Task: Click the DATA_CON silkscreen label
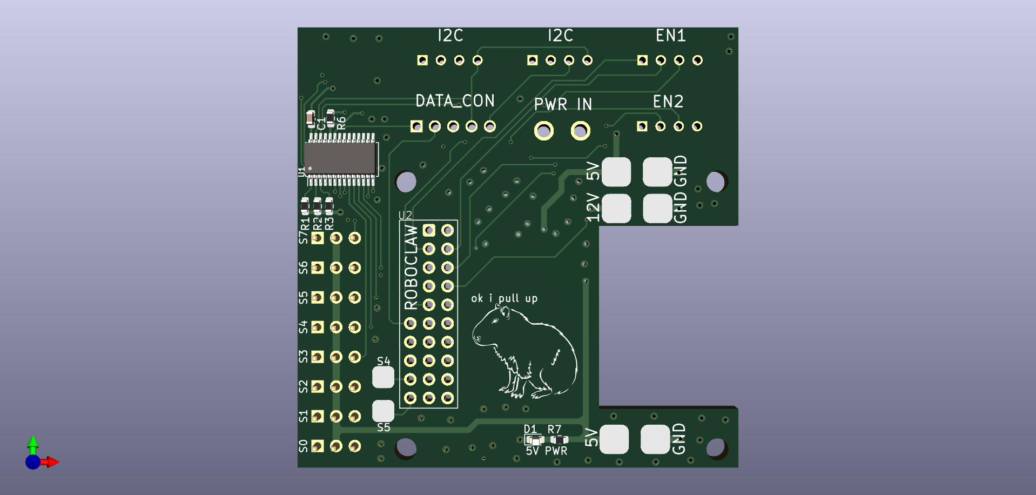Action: [x=455, y=101]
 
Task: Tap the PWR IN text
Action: [x=563, y=104]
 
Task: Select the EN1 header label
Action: [x=670, y=36]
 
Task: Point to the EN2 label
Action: [x=668, y=102]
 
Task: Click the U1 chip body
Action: [x=340, y=158]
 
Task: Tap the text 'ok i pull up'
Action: [x=504, y=298]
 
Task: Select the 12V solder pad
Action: [x=616, y=208]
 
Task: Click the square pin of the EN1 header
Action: [x=642, y=60]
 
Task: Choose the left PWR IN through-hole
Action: [x=544, y=131]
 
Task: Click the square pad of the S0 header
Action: [x=318, y=446]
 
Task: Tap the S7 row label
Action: [x=304, y=237]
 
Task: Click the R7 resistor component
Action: [x=559, y=440]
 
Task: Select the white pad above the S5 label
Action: [x=383, y=411]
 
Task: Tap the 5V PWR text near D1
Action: [x=547, y=451]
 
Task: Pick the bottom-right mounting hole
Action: [x=715, y=447]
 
